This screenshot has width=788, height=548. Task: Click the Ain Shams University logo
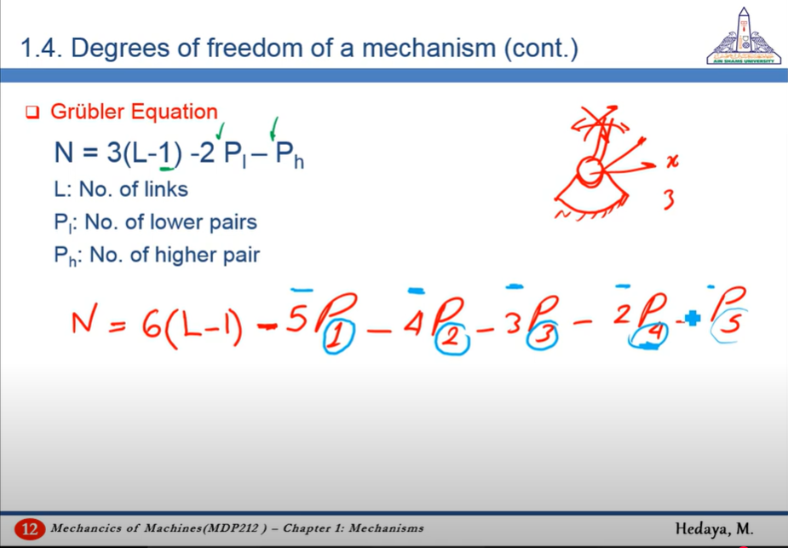click(x=744, y=36)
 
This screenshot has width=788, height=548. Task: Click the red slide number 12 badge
click(x=30, y=529)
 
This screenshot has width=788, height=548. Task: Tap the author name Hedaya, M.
click(x=714, y=528)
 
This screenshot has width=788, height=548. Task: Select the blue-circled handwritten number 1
click(x=339, y=336)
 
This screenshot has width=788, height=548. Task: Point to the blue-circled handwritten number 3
click(x=542, y=335)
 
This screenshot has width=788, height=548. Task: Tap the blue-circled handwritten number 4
click(x=648, y=334)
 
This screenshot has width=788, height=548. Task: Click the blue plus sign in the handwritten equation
click(x=692, y=318)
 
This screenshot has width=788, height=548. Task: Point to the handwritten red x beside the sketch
click(x=672, y=161)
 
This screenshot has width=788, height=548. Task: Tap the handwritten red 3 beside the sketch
click(x=669, y=199)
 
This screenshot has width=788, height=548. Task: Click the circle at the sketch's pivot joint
click(x=590, y=171)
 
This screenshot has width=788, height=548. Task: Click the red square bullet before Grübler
click(x=32, y=112)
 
